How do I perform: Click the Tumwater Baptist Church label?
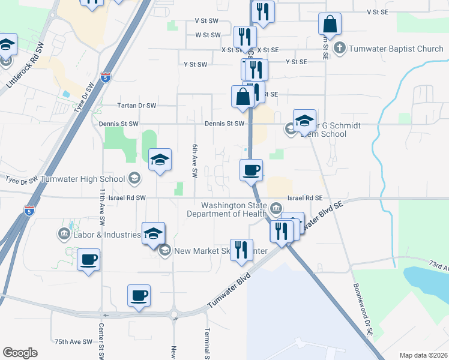(396, 48)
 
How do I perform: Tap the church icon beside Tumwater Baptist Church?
(340, 48)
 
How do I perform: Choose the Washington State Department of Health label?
(226, 209)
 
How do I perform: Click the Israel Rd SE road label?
(305, 197)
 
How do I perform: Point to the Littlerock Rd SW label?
(25, 67)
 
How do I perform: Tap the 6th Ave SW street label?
(194, 161)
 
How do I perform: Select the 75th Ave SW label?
(73, 341)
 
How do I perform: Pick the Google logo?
(20, 353)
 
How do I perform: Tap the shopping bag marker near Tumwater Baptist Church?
(330, 25)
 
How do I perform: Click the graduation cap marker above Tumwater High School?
(160, 160)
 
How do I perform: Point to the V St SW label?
(206, 20)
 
